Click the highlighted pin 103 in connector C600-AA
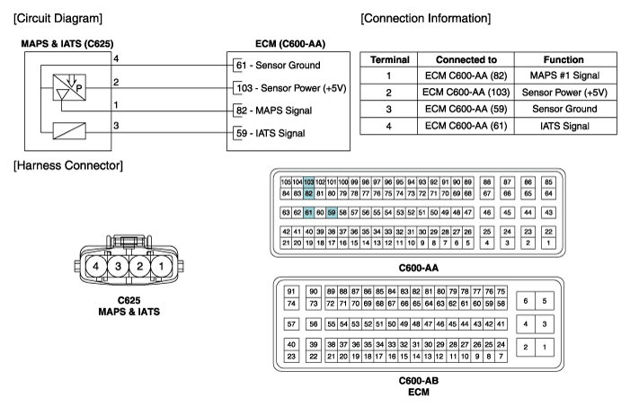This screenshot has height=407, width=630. (x=308, y=182)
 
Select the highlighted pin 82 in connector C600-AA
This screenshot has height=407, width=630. (x=308, y=194)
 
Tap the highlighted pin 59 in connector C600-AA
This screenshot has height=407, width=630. (x=332, y=213)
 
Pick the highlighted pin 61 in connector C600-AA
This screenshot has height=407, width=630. (x=308, y=213)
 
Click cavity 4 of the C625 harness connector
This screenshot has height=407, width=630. (x=96, y=266)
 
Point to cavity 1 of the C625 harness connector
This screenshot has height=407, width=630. (x=161, y=266)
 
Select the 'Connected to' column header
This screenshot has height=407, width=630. (x=466, y=60)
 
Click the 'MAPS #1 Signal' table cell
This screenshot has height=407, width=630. (x=564, y=75)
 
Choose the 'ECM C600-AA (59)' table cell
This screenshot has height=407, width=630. (x=466, y=109)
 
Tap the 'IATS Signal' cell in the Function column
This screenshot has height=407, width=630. (x=564, y=126)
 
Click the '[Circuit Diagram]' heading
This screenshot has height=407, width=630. (x=58, y=19)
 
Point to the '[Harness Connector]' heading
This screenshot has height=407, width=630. (x=68, y=165)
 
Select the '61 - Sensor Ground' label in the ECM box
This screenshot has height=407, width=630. (x=278, y=65)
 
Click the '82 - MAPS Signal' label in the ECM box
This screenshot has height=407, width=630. (x=274, y=111)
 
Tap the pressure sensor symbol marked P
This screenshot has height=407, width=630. (x=69, y=87)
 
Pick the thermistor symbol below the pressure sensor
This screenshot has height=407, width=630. (x=69, y=131)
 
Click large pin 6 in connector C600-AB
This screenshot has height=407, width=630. (x=526, y=301)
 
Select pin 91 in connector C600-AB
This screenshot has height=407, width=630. (x=291, y=292)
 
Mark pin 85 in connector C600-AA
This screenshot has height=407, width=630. (x=548, y=182)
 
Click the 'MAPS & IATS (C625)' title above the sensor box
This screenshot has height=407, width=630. (x=67, y=44)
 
